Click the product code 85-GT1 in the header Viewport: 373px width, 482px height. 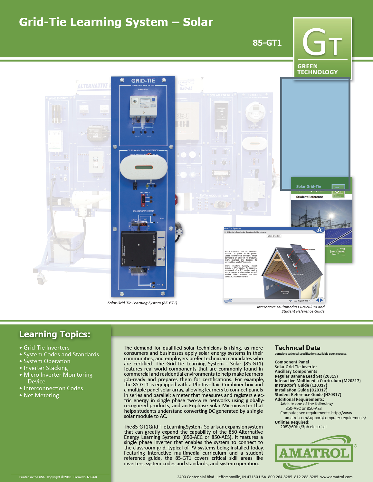pos(267,43)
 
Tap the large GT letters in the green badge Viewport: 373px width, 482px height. pos(322,43)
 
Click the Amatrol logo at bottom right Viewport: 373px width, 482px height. pos(314,453)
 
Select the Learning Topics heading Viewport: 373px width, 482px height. pos(55,334)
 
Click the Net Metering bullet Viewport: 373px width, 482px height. pos(41,395)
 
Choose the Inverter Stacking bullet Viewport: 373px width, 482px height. pos(46,368)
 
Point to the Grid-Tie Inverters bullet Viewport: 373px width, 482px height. pos(46,348)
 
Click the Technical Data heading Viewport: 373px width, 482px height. pos(297,348)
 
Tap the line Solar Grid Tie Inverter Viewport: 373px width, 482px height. pos(296,367)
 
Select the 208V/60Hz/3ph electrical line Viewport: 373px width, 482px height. pos(303,427)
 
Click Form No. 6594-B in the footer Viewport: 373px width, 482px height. pos(85,477)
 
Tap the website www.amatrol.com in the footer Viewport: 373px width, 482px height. pos(336,477)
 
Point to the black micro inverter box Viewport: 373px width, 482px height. pos(139,248)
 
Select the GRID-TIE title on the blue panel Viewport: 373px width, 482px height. pos(143,81)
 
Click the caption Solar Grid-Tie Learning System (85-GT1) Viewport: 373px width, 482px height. pos(142,303)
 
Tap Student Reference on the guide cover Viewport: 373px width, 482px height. pos(310,197)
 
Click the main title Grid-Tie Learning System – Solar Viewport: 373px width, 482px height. pos(116,22)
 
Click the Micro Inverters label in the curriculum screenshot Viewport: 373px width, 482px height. pos(274,236)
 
